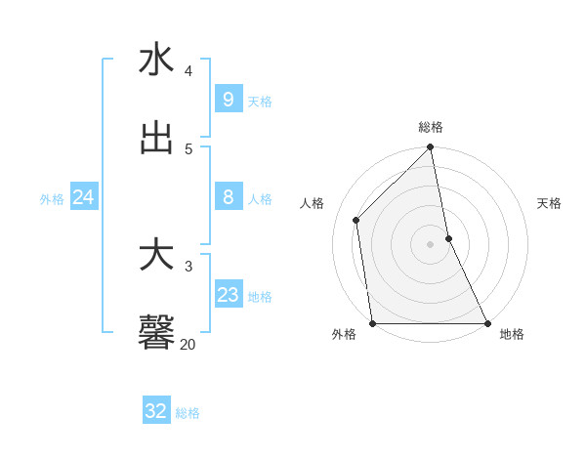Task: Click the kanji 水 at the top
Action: point(156,60)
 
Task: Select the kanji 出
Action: point(156,138)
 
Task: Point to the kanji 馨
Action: point(156,332)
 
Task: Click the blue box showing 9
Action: point(228,100)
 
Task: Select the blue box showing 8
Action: point(228,197)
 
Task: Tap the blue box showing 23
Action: point(228,295)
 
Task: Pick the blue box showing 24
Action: point(83,197)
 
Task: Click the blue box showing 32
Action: point(155,411)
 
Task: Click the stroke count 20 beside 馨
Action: point(188,344)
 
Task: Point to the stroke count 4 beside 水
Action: point(188,71)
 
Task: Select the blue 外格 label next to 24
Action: point(52,199)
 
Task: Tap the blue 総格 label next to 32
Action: point(188,413)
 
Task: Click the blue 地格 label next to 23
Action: point(260,297)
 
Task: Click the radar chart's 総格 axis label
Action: point(431,127)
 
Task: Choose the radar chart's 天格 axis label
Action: point(549,203)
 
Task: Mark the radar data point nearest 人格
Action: point(356,220)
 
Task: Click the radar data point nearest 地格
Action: point(487,323)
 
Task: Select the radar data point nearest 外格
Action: point(372,323)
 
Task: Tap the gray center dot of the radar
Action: point(431,243)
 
